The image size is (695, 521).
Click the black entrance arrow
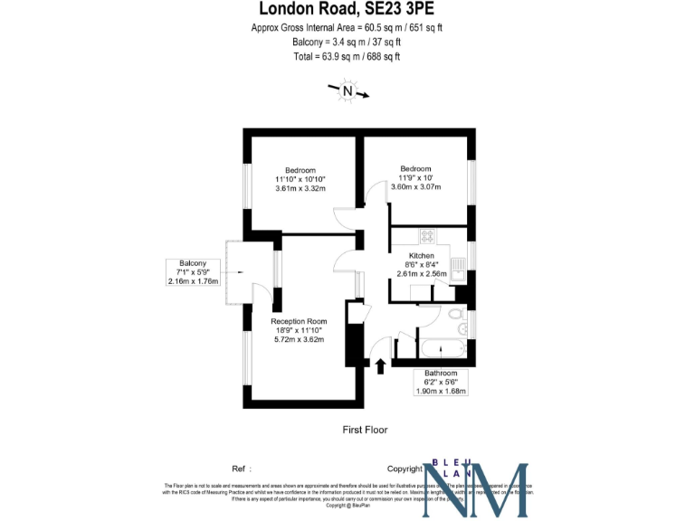click(x=380, y=364)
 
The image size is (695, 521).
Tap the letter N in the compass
click(x=347, y=90)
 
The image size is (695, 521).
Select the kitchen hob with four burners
click(x=427, y=236)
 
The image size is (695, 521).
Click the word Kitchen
click(x=423, y=256)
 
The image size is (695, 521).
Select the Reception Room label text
click(x=299, y=321)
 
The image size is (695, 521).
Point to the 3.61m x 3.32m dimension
click(x=300, y=188)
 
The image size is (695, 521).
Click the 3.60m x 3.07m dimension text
click(x=415, y=187)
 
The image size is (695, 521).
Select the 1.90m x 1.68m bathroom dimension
click(x=442, y=391)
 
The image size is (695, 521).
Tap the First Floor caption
click(x=365, y=430)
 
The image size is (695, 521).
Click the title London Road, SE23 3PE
click(x=347, y=10)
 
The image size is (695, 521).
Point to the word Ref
click(x=240, y=469)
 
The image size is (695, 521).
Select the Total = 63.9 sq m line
click(x=347, y=56)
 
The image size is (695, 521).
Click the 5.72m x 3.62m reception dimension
click(x=299, y=340)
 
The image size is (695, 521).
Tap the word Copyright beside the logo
click(x=405, y=469)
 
